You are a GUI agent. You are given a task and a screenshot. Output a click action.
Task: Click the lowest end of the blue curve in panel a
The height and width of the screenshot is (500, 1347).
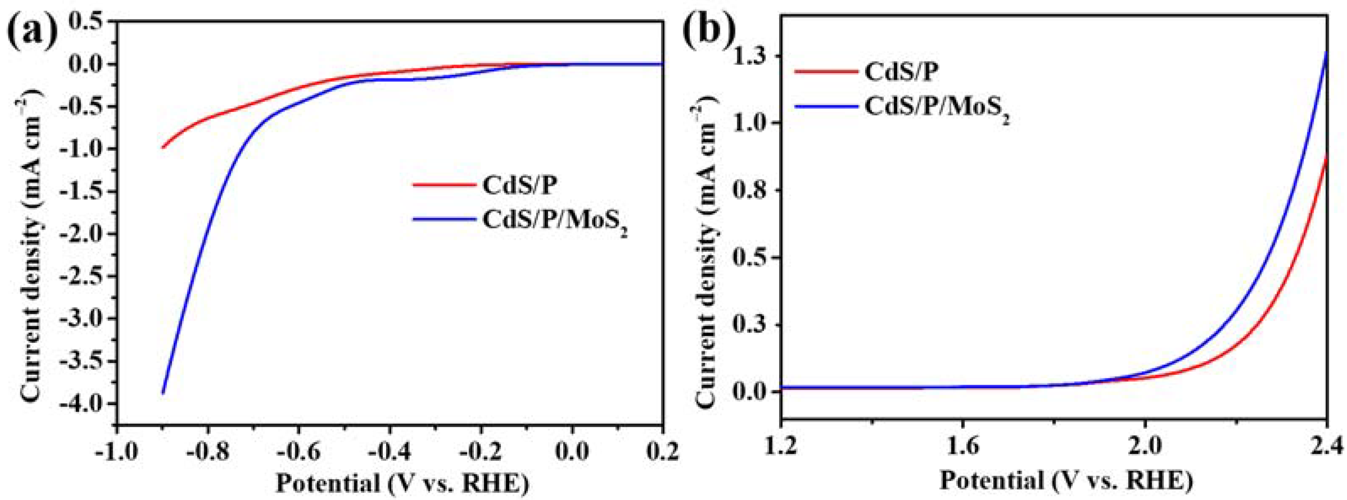(x=163, y=393)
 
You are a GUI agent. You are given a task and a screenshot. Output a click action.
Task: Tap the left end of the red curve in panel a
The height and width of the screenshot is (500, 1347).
(x=163, y=147)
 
